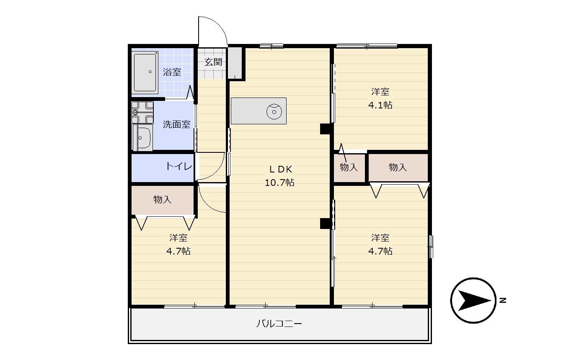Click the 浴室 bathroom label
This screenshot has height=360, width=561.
(172, 72)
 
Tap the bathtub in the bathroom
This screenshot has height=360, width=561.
(145, 72)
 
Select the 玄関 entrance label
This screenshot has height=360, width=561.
(213, 62)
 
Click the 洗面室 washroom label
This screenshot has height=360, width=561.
(176, 124)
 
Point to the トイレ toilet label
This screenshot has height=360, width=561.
(179, 166)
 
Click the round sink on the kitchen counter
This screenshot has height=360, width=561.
(274, 112)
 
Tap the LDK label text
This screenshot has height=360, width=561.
(281, 170)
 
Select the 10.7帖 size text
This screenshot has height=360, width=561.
(279, 183)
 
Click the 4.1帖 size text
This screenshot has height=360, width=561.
(380, 105)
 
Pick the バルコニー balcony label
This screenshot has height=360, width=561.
(279, 324)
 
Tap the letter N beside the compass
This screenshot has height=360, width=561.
(503, 301)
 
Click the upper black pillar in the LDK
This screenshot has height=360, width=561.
(326, 129)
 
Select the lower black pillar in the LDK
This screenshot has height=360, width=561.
(326, 224)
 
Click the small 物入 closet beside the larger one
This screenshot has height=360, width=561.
(349, 167)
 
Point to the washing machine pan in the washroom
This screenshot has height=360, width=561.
(142, 113)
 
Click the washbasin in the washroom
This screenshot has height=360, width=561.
(142, 138)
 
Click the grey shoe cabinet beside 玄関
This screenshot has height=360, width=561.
(235, 63)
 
